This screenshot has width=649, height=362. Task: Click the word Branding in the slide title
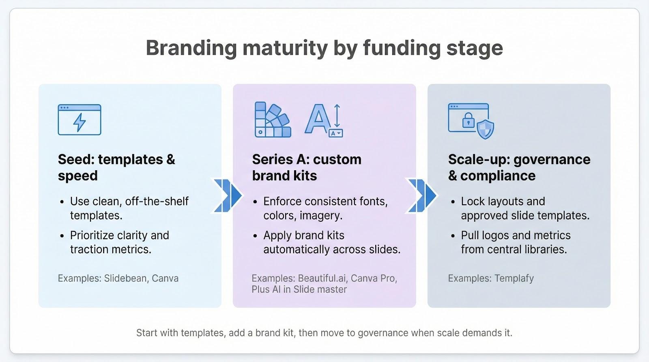[x=191, y=48]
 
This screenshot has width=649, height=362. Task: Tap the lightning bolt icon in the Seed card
[x=80, y=122]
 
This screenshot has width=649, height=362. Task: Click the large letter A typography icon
[x=318, y=119]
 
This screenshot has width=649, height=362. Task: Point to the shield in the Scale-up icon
[x=485, y=129]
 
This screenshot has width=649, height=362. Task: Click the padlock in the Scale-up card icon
[x=468, y=120]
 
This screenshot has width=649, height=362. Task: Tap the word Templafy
[x=514, y=278]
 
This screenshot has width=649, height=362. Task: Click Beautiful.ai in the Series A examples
[x=323, y=278]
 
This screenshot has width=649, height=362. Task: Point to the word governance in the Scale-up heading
[x=552, y=160]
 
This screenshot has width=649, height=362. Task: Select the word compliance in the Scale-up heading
[x=498, y=176]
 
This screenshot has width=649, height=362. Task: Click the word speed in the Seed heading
[x=77, y=176]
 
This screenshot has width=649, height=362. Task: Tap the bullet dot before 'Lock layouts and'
[x=453, y=202]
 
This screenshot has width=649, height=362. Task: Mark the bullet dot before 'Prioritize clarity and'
[x=62, y=236]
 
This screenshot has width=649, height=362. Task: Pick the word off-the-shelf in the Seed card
[x=157, y=201]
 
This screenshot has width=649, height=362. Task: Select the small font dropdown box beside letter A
[x=336, y=133]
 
